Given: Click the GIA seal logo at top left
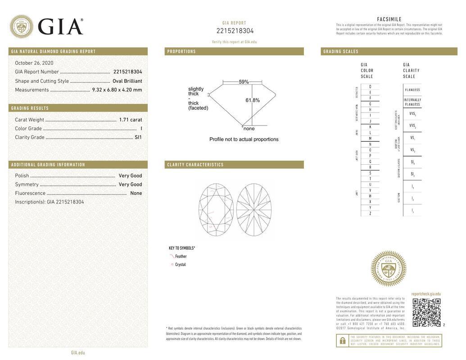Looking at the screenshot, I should [21, 27].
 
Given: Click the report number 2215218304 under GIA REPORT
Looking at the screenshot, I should [235, 31].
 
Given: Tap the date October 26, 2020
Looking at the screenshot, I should [34, 63].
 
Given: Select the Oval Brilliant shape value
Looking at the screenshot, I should [127, 81].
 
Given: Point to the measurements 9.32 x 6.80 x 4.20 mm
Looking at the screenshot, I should [117, 90].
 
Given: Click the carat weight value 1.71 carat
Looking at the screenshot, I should [130, 120].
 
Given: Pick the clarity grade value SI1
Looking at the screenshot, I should [138, 137].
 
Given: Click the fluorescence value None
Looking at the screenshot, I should [136, 193].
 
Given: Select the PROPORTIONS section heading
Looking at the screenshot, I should [181, 52].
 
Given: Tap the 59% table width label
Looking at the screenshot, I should [244, 82].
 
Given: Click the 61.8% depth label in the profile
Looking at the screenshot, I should [253, 100].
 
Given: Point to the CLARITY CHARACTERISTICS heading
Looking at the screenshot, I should [195, 165].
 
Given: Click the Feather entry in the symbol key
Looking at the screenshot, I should [181, 256].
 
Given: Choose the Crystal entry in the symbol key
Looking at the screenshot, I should [180, 265].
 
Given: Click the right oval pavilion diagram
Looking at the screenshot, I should [254, 209].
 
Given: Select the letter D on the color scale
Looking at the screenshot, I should [370, 86].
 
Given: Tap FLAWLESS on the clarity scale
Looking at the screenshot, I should [412, 90].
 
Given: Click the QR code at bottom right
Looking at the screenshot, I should [426, 312].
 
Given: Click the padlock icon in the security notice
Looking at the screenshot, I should [342, 341].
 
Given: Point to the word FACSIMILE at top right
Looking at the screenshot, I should [389, 19].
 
